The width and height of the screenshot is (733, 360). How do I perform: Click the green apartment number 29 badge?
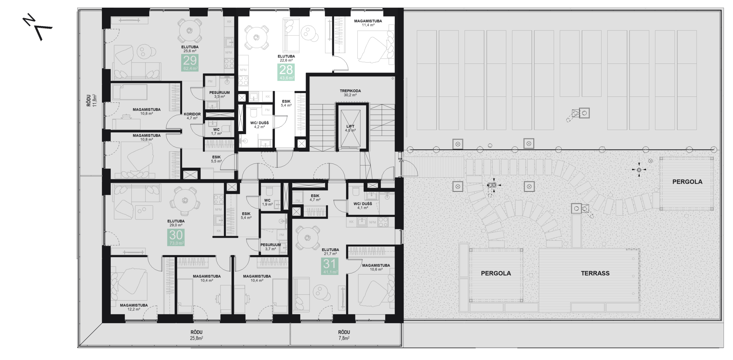(190, 63)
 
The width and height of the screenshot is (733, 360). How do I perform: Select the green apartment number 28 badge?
(286, 72)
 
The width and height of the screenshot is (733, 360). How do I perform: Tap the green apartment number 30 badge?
(176, 237)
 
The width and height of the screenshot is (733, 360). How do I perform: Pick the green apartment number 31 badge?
(330, 266)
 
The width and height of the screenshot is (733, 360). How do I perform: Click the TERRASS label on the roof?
(595, 273)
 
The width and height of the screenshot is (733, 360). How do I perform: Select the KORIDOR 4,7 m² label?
(192, 116)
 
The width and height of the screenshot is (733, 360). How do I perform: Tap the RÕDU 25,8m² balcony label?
(196, 335)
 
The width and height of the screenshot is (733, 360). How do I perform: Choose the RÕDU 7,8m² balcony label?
(344, 335)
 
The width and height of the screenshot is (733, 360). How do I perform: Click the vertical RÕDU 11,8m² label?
(92, 100)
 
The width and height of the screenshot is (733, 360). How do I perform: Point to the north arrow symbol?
(38, 28)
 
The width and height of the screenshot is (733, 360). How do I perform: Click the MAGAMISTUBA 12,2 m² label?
(134, 307)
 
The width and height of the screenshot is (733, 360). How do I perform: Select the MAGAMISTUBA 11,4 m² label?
(368, 23)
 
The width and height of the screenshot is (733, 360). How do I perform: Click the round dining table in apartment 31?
(308, 238)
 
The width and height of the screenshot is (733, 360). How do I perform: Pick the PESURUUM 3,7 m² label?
(271, 247)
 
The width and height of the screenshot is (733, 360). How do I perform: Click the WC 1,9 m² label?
(267, 202)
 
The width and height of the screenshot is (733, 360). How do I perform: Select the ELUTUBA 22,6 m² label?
(286, 58)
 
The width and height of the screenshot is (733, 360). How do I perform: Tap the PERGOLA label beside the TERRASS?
(496, 273)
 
